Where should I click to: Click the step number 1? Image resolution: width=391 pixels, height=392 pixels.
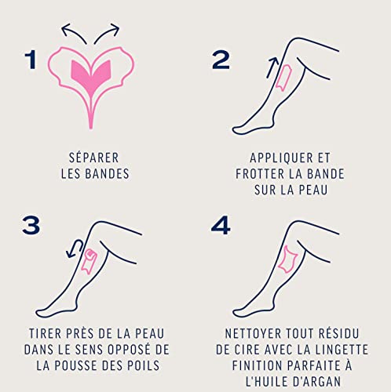31,59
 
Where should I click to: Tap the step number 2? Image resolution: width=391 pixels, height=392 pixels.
221,59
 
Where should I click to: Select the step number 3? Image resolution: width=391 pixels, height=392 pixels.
31,225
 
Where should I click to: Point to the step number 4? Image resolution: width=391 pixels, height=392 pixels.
221,225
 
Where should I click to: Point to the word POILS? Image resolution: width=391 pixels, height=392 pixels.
148,365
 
